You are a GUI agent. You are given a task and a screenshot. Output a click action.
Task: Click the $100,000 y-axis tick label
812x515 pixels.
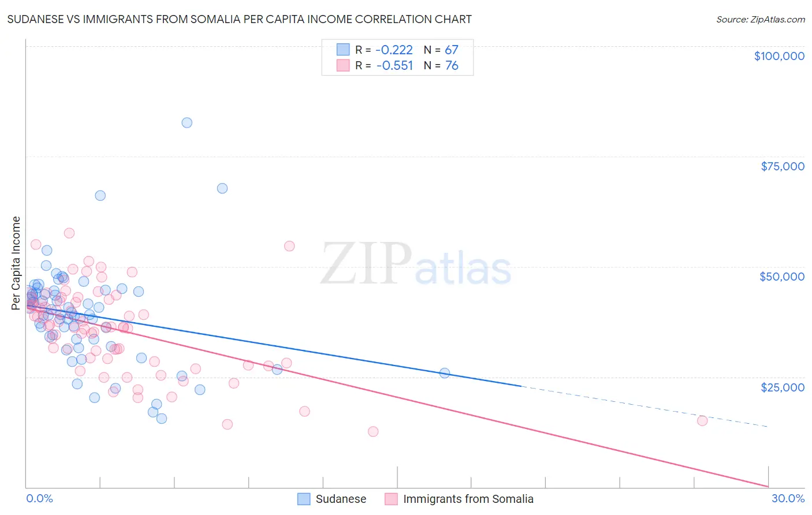click(x=779, y=56)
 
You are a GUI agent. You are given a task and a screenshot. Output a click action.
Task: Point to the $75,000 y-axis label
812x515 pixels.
click(x=782, y=166)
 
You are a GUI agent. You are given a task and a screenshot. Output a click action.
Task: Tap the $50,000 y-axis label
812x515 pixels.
click(x=781, y=277)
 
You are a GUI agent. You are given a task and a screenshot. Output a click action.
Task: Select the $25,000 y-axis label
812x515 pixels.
click(x=782, y=387)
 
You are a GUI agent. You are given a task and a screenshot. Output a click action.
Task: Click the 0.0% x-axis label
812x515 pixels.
click(x=39, y=498)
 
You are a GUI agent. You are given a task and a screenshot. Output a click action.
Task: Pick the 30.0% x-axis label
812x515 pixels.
click(x=788, y=498)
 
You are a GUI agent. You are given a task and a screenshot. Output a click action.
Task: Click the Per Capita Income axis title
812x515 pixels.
click(x=16, y=263)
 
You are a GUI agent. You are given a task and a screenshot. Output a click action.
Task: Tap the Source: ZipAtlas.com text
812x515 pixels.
click(x=760, y=20)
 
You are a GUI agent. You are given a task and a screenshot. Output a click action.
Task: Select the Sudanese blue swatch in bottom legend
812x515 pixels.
click(x=304, y=499)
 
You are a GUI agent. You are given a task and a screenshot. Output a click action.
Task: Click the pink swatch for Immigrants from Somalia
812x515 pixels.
click(x=391, y=499)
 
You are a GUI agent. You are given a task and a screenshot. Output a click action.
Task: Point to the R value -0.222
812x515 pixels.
click(x=394, y=50)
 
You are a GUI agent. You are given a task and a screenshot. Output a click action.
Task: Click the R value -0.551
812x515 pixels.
click(x=394, y=66)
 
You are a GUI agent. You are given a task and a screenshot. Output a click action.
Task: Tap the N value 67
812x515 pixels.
click(x=451, y=50)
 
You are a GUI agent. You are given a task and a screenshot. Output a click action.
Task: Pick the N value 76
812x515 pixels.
click(x=451, y=66)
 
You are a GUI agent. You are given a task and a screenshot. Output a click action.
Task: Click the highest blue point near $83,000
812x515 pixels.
click(x=187, y=122)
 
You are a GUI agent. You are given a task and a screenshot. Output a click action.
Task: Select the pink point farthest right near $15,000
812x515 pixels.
click(x=702, y=420)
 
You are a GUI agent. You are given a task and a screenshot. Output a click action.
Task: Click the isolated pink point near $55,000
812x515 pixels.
click(x=289, y=246)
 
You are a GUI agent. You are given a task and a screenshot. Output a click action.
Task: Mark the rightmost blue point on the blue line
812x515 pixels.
click(x=445, y=373)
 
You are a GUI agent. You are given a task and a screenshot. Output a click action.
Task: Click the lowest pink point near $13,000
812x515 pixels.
click(x=373, y=431)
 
